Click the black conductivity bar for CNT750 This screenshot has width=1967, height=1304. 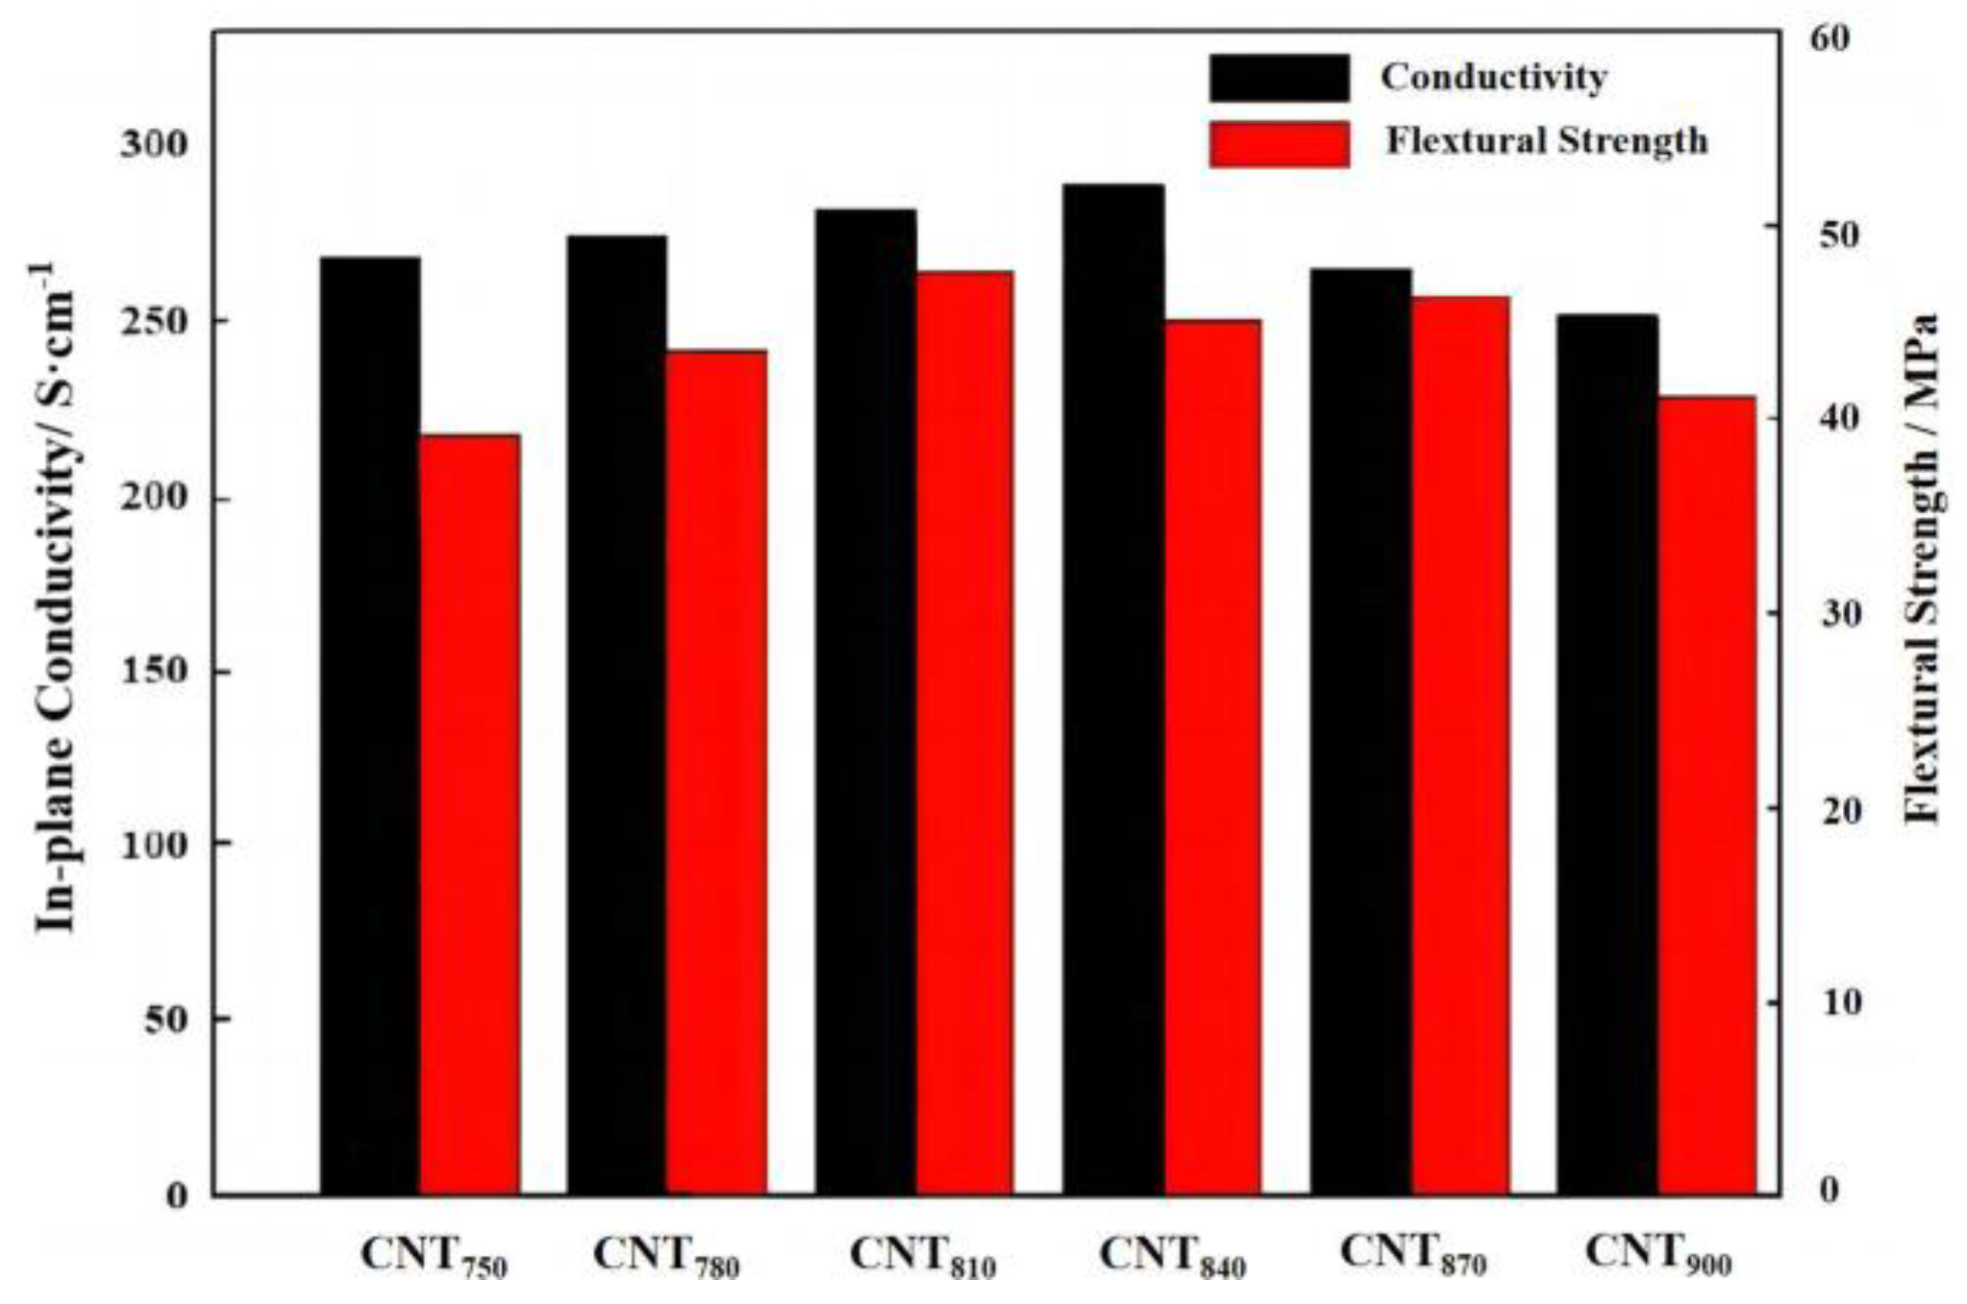pos(369,726)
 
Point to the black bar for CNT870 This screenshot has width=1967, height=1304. pos(1360,730)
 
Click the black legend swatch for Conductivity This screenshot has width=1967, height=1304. pos(1279,78)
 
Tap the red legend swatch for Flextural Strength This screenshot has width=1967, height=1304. pos(1279,144)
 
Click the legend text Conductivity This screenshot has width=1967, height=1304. pos(1493,77)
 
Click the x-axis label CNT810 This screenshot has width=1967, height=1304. pos(922,1257)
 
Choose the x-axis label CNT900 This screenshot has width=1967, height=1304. pos(1657,1255)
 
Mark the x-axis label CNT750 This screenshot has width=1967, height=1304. pos(433,1257)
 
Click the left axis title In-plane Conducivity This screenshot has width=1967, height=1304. pos(57,596)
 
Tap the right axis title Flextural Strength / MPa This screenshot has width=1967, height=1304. pos(1922,567)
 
